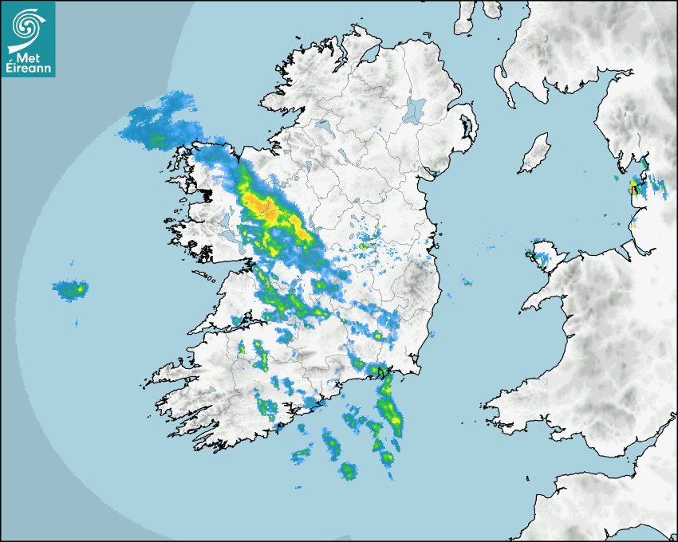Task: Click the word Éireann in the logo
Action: [29, 69]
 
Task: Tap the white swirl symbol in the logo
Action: [27, 27]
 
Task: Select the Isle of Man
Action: [536, 153]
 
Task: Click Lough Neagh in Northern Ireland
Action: [415, 110]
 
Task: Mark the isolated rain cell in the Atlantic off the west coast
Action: [70, 289]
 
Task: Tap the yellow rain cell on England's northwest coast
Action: [633, 188]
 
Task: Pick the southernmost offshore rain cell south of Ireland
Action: [348, 471]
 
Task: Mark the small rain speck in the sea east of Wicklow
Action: [467, 281]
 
